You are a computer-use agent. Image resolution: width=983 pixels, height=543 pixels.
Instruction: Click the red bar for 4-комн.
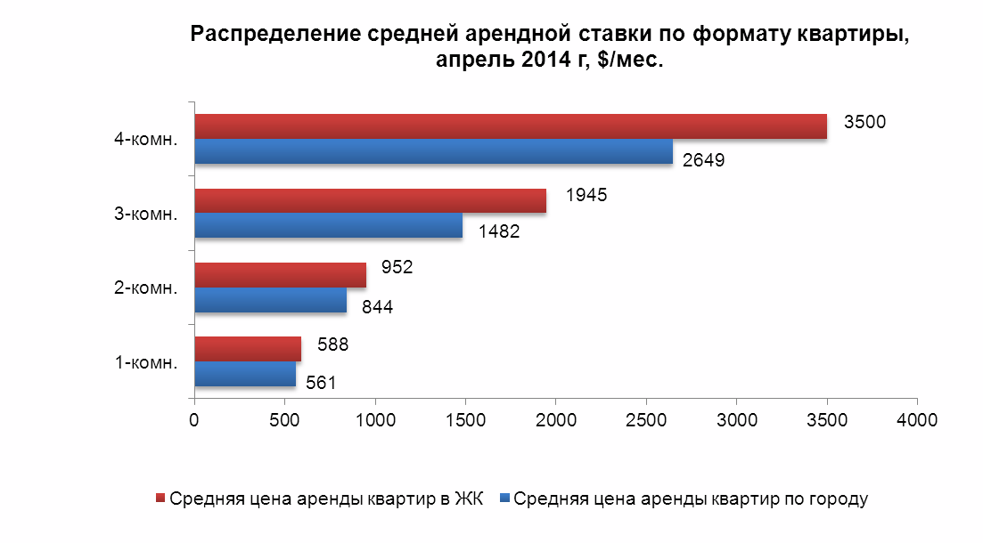click(511, 126)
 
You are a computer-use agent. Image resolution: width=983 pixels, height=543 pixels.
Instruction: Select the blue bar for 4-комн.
click(433, 151)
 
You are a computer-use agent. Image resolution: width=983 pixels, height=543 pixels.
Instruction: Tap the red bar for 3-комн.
click(370, 201)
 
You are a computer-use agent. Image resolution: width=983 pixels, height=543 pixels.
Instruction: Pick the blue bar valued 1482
click(328, 225)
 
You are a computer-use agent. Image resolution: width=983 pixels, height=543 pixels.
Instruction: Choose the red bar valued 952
click(280, 275)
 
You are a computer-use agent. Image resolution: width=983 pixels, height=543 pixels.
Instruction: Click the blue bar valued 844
click(270, 300)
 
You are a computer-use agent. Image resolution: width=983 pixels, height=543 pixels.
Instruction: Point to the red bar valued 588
click(248, 349)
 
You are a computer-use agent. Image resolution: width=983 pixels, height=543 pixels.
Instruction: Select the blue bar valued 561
click(245, 374)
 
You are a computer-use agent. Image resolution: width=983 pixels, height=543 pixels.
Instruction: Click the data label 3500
click(864, 123)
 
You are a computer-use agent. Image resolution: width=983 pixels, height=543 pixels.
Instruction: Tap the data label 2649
click(704, 161)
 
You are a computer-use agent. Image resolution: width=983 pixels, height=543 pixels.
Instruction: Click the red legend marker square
click(160, 498)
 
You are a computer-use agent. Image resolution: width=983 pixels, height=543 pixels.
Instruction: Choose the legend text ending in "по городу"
click(691, 498)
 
